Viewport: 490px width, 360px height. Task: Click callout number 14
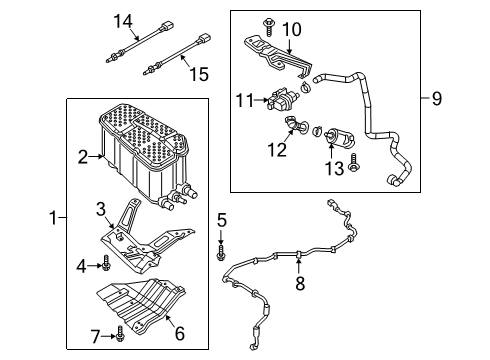tap(123, 21)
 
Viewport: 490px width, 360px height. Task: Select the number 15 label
tap(199, 74)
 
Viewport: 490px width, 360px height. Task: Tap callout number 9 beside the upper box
tap(437, 98)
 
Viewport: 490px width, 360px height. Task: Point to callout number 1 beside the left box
tap(53, 218)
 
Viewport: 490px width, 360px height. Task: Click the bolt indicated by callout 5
tap(221, 252)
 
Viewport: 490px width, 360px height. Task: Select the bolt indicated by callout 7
tap(120, 333)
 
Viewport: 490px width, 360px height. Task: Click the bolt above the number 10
tap(269, 27)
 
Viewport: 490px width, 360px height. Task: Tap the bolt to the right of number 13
tap(353, 162)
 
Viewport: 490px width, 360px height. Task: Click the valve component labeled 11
tap(279, 100)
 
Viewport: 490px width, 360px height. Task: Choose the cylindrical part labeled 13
tap(339, 137)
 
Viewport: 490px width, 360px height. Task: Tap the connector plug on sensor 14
tap(168, 26)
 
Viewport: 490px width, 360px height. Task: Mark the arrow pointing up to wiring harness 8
tap(299, 267)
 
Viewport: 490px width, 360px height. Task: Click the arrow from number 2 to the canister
tap(97, 156)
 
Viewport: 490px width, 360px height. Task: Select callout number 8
tap(300, 284)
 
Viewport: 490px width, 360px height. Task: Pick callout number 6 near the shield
tap(180, 333)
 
